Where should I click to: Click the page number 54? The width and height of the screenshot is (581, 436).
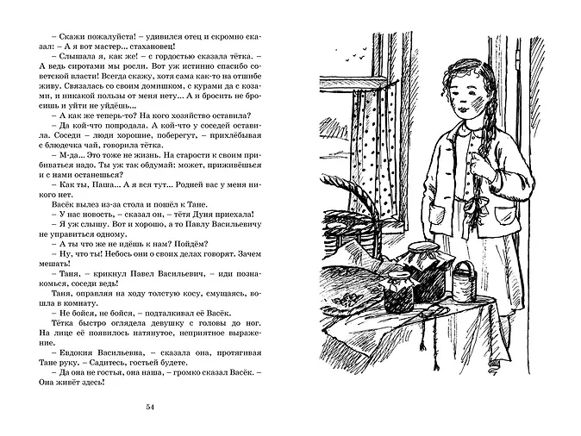[154, 407]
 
